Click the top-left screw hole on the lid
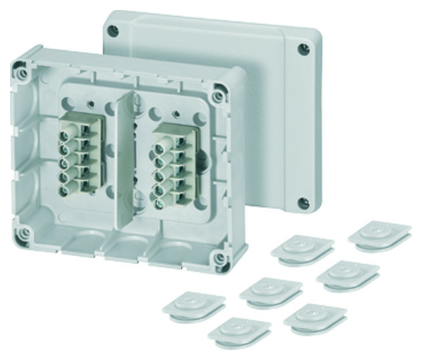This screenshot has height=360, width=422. point(114,30)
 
